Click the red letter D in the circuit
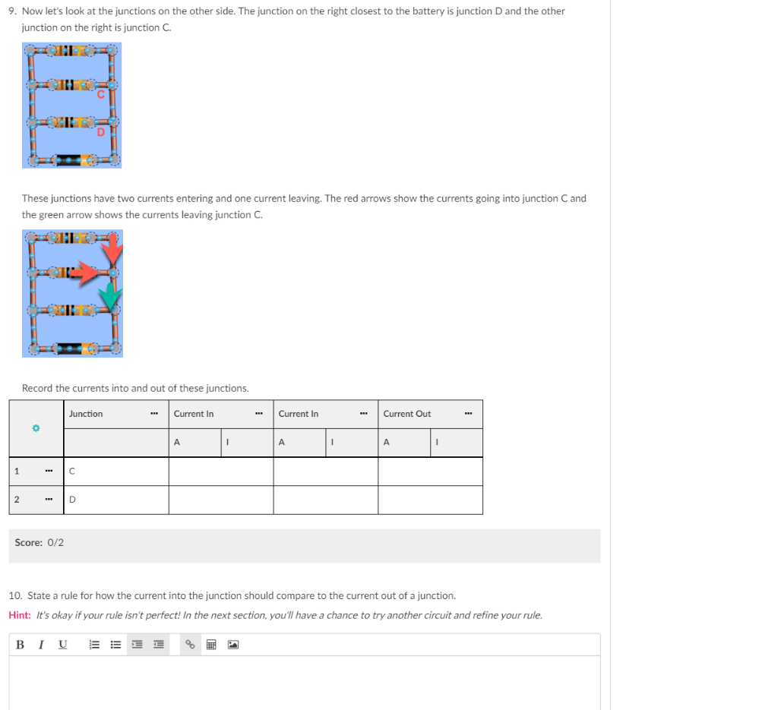tap(100, 132)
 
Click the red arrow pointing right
tap(93, 271)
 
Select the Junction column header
tap(86, 414)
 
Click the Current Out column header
tap(406, 414)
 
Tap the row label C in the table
tap(71, 472)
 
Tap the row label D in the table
tap(72, 500)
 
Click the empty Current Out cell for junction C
tap(430, 472)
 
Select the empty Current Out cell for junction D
tap(430, 500)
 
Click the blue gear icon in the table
tap(34, 429)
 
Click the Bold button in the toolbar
tap(21, 645)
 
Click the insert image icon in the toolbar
tap(232, 645)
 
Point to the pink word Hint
tap(20, 615)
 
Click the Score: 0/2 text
tap(40, 542)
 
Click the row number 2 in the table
tap(17, 500)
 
